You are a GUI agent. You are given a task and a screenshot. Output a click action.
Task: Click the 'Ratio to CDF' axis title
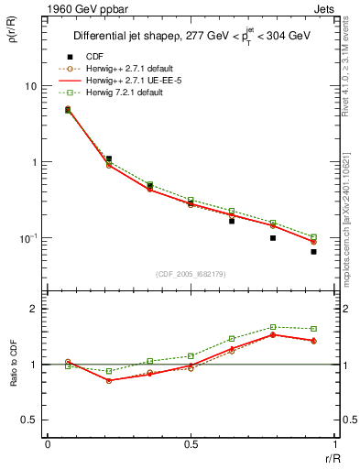click(12, 364)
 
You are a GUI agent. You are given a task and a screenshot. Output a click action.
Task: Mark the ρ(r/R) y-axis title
click(12, 38)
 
